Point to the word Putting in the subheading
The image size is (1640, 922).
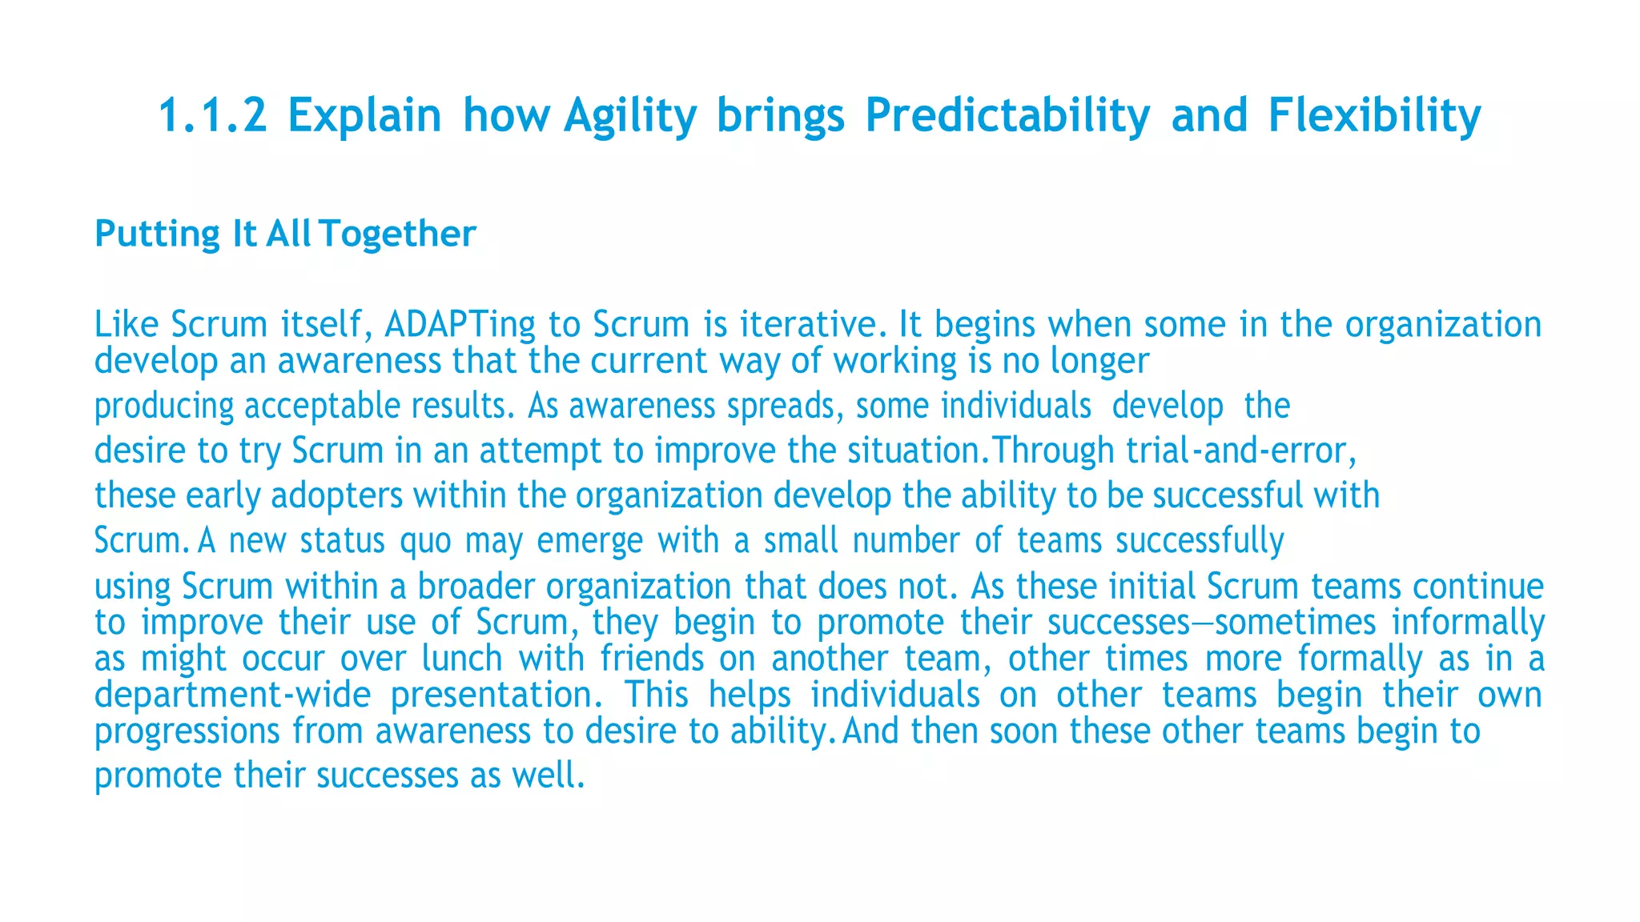[x=157, y=235]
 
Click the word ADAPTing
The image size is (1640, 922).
[x=460, y=325]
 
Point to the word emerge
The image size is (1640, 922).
[x=589, y=541]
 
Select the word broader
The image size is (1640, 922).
[x=476, y=587]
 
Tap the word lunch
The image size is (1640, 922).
[x=460, y=659]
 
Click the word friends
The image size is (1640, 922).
[x=652, y=659]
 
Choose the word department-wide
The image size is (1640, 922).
[x=232, y=695]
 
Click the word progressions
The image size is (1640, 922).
[x=187, y=732]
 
